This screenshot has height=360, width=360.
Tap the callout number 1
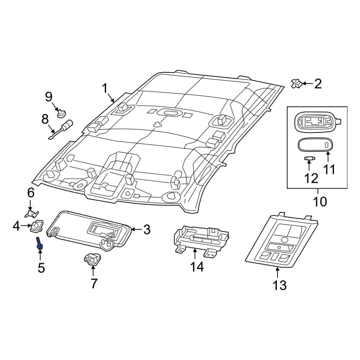click(105, 89)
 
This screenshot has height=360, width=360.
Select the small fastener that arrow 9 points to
click(61, 113)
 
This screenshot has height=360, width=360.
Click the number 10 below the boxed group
click(320, 202)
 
